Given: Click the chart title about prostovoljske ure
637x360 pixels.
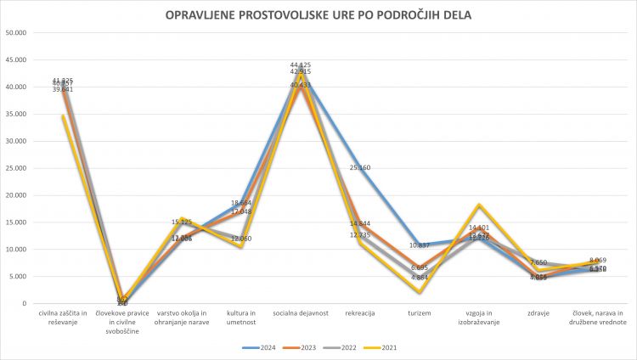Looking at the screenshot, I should pos(318,14).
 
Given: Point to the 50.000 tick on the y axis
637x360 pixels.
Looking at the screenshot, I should pos(16,33).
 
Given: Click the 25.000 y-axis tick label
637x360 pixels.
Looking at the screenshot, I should pos(16,168).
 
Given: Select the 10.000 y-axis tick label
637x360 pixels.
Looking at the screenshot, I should pos(16,250).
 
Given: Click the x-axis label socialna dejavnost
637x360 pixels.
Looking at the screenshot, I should pos(300,313).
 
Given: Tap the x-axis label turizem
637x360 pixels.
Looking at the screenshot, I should pos(420,313).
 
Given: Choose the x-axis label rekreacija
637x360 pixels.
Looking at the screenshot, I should pos(360,313).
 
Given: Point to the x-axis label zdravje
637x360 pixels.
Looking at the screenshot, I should pos(538,313).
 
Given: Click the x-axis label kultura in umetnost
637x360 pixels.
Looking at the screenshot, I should pos(240,318).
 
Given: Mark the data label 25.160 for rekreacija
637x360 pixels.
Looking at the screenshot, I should pos(360,168).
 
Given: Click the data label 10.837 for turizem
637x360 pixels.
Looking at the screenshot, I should pos(420,245).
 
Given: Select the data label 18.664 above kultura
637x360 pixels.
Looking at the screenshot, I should pos(241,203).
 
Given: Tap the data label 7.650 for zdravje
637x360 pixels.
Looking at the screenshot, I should pos(539,263).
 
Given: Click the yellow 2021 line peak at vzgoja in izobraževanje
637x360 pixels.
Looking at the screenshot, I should pos(479,205).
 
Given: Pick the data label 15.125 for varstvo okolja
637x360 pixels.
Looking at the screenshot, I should pos(182,222).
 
